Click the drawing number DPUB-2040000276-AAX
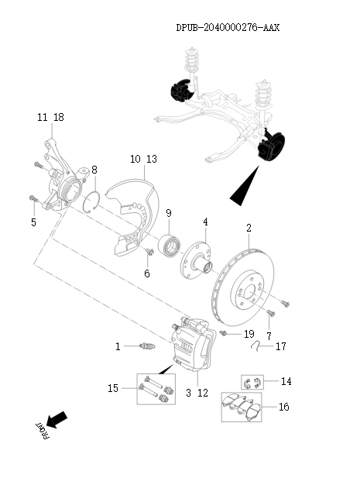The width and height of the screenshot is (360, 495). (227, 27)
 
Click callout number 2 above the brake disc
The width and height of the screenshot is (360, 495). (249, 229)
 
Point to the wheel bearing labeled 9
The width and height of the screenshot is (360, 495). (170, 247)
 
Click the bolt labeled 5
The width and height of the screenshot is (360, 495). (33, 201)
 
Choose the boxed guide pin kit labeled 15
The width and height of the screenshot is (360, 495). (153, 389)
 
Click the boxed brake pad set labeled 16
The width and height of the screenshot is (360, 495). (242, 406)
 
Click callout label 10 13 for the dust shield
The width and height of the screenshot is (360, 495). (143, 159)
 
